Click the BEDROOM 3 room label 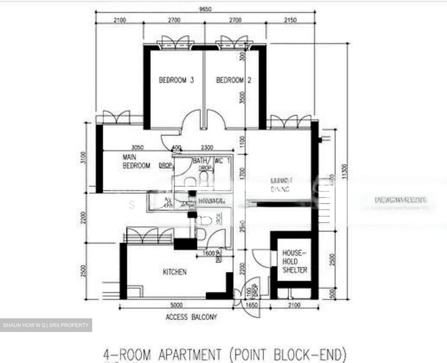coord(176,80)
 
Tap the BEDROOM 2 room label coord(233,80)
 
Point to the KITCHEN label coord(175,272)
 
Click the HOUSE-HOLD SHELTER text coord(295,262)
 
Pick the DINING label coord(280,190)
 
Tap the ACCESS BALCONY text coord(191,317)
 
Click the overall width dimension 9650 coord(205,9)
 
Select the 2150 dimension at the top coord(290,20)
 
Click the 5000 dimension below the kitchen coord(177,305)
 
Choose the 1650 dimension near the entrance coord(251,305)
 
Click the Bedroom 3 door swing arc coord(189,121)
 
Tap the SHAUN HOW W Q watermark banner coord(46,325)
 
